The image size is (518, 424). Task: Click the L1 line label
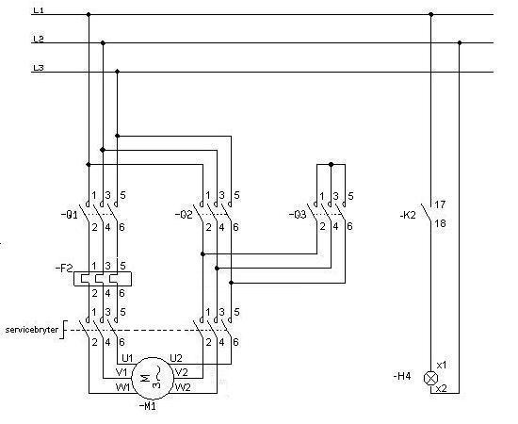tap(39, 10)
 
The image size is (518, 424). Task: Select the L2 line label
tap(39, 39)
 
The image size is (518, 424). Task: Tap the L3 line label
tap(39, 68)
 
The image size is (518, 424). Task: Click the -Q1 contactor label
tap(70, 215)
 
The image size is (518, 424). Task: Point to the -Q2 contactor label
tap(184, 215)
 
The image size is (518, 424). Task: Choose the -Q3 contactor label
tap(298, 215)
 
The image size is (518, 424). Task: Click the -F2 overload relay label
tap(64, 268)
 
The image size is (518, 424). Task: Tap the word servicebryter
tap(32, 330)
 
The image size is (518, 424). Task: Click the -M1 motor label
tap(147, 405)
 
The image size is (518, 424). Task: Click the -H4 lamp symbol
tap(430, 379)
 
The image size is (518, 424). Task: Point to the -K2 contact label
tap(408, 215)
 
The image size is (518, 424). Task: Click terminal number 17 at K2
tap(440, 204)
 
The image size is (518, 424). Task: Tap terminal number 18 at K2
tap(440, 223)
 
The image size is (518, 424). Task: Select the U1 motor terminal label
tap(127, 358)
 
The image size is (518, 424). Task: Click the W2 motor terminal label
tap(183, 387)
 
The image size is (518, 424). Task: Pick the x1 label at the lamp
tap(442, 366)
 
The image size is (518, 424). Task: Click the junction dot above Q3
tap(331, 164)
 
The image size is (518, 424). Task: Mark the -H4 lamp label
tap(402, 376)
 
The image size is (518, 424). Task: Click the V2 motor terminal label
tap(182, 372)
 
